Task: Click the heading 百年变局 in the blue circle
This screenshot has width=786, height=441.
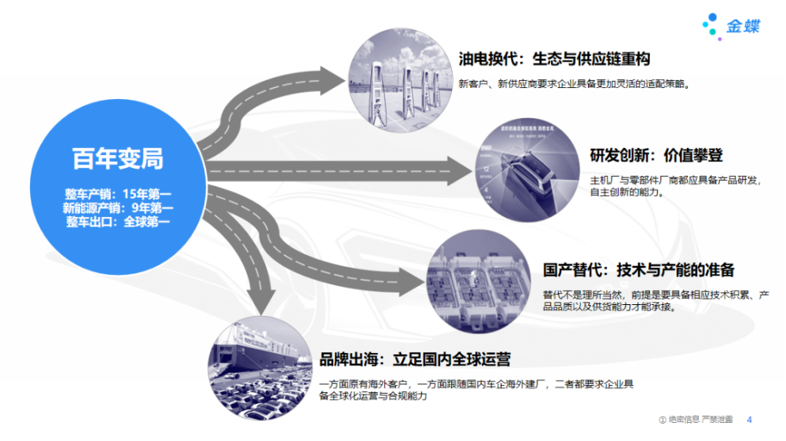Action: (118, 159)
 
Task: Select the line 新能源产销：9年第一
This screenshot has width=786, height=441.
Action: (118, 208)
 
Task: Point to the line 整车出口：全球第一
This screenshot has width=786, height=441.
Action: (118, 222)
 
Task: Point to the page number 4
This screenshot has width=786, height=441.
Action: (749, 420)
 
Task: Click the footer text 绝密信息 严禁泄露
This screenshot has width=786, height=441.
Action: (700, 420)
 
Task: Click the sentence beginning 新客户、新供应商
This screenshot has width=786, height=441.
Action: (575, 83)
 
